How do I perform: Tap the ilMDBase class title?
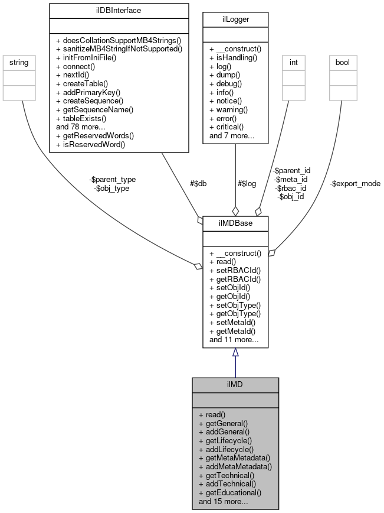235,223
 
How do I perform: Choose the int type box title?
293,61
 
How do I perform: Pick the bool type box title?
342,61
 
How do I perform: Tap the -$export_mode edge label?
355,184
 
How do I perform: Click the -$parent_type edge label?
112,180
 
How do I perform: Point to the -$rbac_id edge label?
290,188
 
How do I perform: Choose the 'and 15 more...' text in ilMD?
224,501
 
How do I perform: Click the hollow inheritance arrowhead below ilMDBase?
235,353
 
